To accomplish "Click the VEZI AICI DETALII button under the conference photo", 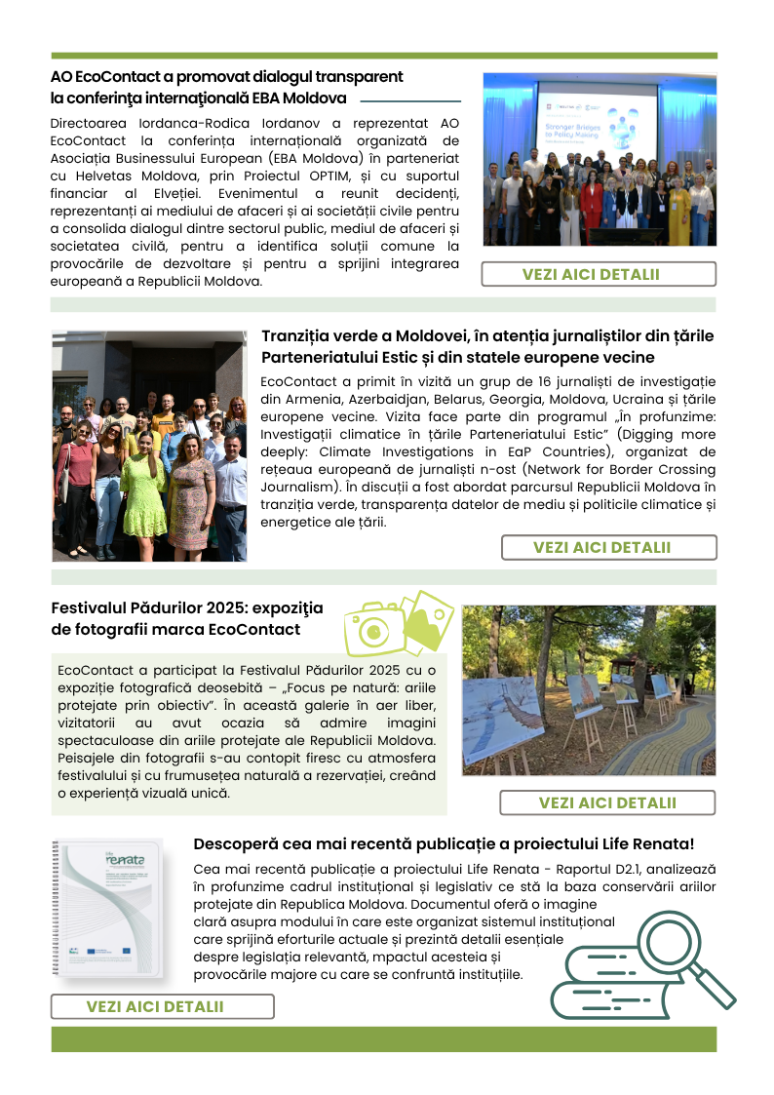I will pyautogui.click(x=599, y=274).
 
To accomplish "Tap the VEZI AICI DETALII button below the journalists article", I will pyautogui.click(x=608, y=547).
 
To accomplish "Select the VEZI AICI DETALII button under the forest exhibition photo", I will pyautogui.click(x=606, y=802).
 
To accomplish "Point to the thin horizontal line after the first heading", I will pyautogui.click(x=410, y=100).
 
